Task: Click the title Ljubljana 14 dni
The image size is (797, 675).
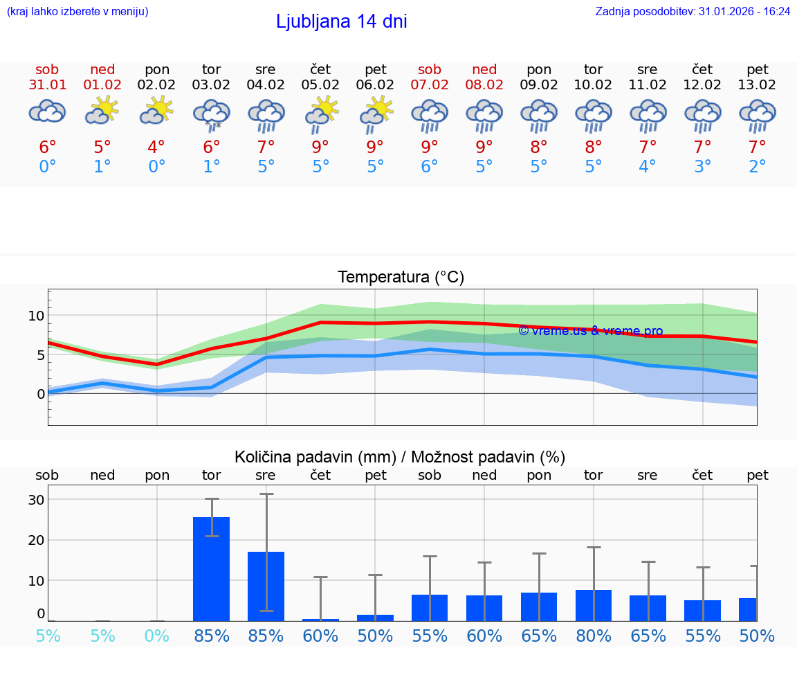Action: click(x=341, y=21)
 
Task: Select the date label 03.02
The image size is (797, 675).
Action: click(x=211, y=85)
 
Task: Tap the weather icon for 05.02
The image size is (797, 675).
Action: click(x=321, y=114)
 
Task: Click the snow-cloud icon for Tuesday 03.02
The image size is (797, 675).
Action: click(x=211, y=114)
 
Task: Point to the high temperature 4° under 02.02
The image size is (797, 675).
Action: click(x=156, y=147)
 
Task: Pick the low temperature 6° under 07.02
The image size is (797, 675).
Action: click(x=430, y=167)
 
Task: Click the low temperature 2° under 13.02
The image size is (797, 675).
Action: click(x=758, y=167)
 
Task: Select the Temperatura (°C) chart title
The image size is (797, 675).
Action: click(x=401, y=278)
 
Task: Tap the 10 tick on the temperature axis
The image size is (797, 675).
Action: click(x=36, y=316)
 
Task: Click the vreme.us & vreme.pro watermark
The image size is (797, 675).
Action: click(x=590, y=331)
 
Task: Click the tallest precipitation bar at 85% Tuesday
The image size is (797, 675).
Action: click(x=211, y=568)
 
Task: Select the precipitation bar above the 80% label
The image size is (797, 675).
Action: click(x=594, y=605)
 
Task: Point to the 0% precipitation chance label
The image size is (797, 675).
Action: click(x=157, y=636)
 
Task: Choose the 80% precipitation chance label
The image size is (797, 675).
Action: click(x=594, y=636)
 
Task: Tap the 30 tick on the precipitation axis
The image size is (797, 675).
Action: click(x=36, y=500)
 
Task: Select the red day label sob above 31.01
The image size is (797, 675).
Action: click(x=47, y=70)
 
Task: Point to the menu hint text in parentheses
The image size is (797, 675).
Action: click(x=77, y=12)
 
